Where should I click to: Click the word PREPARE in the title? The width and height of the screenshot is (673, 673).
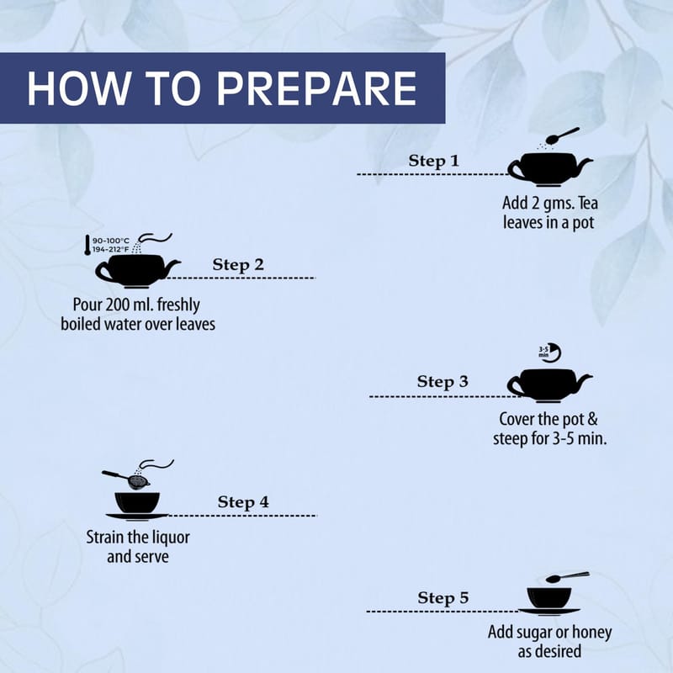(x=316, y=88)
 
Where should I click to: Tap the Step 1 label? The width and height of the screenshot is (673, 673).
(x=433, y=161)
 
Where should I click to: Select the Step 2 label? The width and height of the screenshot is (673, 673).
(x=238, y=264)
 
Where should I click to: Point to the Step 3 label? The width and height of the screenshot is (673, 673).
(x=442, y=381)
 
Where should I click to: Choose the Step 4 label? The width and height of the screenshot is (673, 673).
(x=243, y=501)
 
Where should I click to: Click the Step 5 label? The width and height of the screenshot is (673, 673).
(x=443, y=597)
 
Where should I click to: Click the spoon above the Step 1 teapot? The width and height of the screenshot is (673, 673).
(x=562, y=135)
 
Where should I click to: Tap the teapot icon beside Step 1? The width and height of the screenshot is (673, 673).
(x=550, y=169)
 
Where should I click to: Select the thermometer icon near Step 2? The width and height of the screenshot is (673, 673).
(x=87, y=245)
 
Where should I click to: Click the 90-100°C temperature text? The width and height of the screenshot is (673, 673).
(x=111, y=241)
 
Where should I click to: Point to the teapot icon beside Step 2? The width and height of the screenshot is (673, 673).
(x=137, y=271)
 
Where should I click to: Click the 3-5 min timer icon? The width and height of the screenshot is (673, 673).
(x=550, y=352)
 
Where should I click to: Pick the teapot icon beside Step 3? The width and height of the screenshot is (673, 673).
(x=550, y=385)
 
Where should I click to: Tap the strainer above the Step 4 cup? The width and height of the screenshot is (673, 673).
(x=126, y=479)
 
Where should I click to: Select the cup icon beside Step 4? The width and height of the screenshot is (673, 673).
(x=137, y=506)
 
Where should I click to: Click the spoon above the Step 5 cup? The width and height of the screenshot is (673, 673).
(x=567, y=577)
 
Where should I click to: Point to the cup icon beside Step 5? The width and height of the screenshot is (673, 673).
(x=549, y=601)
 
